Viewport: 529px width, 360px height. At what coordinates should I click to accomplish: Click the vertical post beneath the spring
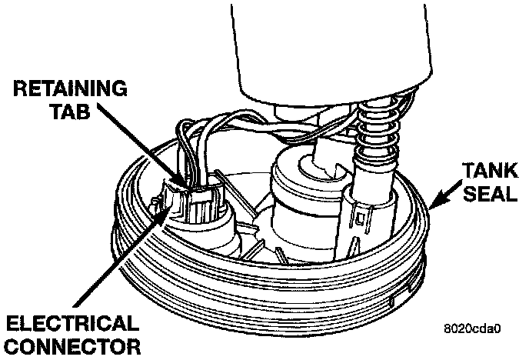click(x=368, y=223)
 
